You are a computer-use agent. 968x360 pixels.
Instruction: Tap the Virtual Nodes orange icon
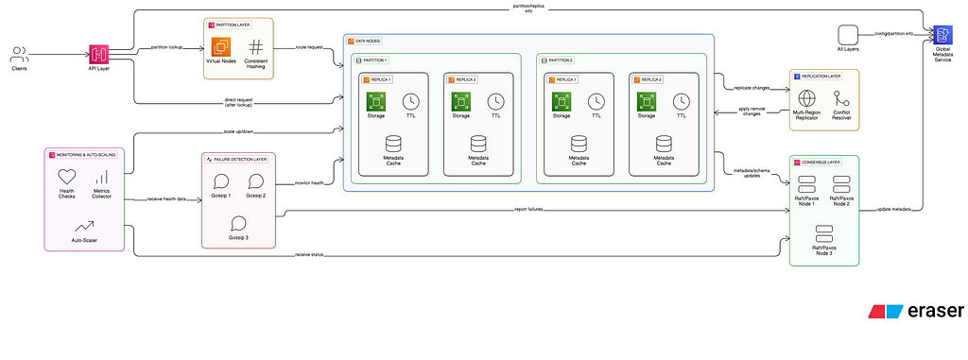[221, 46]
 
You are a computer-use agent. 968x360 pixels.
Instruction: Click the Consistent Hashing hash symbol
[256, 46]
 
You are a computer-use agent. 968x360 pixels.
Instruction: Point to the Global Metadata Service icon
[942, 35]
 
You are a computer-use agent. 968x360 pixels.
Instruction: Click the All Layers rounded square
[847, 33]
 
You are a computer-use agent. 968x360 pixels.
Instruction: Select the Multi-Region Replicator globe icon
[806, 98]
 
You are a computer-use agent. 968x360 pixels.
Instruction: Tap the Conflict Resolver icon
[841, 98]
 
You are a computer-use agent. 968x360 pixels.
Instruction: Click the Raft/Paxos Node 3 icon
[823, 231]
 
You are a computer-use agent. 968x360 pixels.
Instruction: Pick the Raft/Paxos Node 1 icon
[806, 182]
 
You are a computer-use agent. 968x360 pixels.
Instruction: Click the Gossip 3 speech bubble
[238, 223]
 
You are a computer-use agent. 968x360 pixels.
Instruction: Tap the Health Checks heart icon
[66, 176]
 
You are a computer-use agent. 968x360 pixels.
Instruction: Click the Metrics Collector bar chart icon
[101, 177]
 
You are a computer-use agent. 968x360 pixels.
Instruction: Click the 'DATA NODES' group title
[368, 42]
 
